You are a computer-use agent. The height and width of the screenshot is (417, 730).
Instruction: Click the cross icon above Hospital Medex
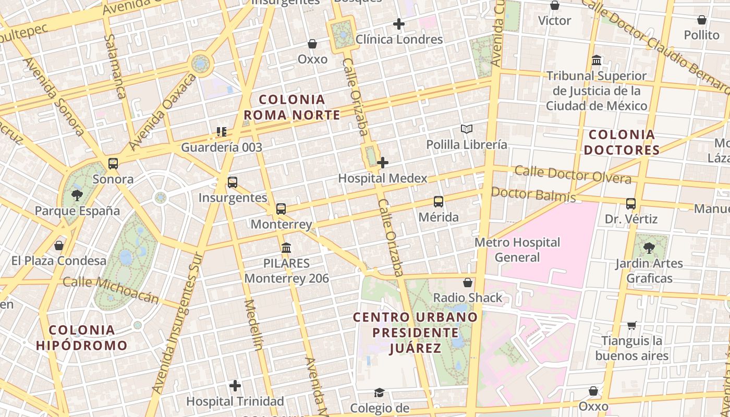(383, 163)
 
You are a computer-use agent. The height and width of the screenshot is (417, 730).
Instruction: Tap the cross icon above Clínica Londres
(399, 24)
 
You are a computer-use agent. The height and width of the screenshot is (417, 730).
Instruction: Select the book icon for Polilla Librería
(466, 129)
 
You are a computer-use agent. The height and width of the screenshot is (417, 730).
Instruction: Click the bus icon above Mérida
(439, 202)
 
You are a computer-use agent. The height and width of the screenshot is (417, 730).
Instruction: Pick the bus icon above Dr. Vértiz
(631, 204)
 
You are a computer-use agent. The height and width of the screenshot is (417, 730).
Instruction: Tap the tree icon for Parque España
(77, 195)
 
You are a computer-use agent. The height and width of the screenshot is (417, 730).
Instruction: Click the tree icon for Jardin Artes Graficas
(649, 248)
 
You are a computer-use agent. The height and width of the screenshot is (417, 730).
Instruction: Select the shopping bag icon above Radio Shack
(468, 283)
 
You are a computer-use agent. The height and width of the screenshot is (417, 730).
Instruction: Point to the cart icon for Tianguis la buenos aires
(631, 326)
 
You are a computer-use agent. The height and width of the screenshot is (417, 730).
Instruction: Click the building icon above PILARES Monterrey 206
(286, 248)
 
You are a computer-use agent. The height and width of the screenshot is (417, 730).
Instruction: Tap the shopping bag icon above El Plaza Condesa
(59, 245)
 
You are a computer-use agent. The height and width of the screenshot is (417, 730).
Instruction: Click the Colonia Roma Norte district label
(292, 107)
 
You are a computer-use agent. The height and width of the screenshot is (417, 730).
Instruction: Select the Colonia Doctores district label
(622, 142)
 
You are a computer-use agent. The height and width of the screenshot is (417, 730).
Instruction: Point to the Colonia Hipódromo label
(82, 337)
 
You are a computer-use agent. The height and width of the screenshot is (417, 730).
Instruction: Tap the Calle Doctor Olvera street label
(573, 175)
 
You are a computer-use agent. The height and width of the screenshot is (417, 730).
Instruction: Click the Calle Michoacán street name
(111, 290)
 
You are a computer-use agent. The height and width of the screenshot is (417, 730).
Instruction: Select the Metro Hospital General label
(517, 250)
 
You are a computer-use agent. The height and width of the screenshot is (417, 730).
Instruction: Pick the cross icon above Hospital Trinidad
(235, 386)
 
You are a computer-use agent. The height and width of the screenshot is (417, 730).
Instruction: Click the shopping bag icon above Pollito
(702, 20)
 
